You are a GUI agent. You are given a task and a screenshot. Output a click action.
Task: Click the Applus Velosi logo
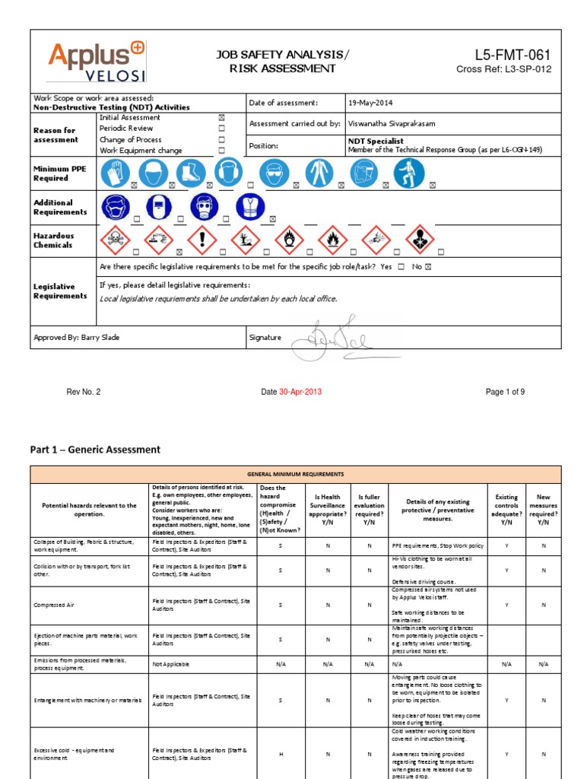click(97, 62)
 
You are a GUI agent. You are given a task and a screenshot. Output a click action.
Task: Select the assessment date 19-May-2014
click(372, 103)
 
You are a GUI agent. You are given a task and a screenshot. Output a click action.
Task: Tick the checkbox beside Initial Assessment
click(222, 118)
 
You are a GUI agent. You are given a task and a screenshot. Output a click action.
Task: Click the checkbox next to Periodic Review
click(222, 129)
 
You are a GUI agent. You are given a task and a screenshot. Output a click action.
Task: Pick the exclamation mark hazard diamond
click(202, 240)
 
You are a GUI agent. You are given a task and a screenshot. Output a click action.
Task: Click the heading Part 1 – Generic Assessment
click(95, 450)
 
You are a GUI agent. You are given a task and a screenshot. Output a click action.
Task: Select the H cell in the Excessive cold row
click(281, 754)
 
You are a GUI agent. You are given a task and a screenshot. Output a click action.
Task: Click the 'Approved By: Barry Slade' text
click(77, 337)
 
